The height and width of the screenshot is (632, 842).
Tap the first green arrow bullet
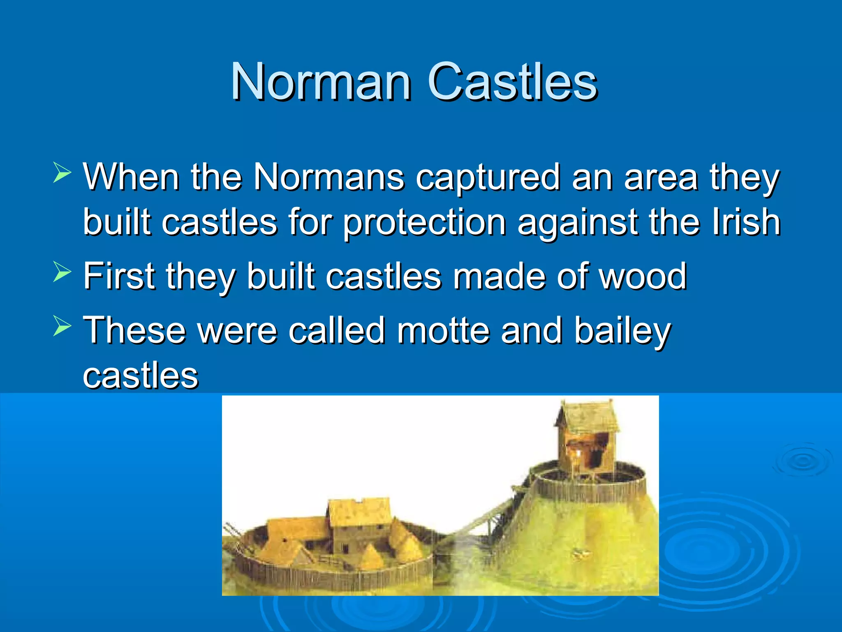(62, 173)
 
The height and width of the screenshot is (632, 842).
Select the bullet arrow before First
(62, 272)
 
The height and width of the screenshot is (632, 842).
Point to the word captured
(488, 178)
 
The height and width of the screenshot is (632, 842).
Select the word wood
(643, 276)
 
